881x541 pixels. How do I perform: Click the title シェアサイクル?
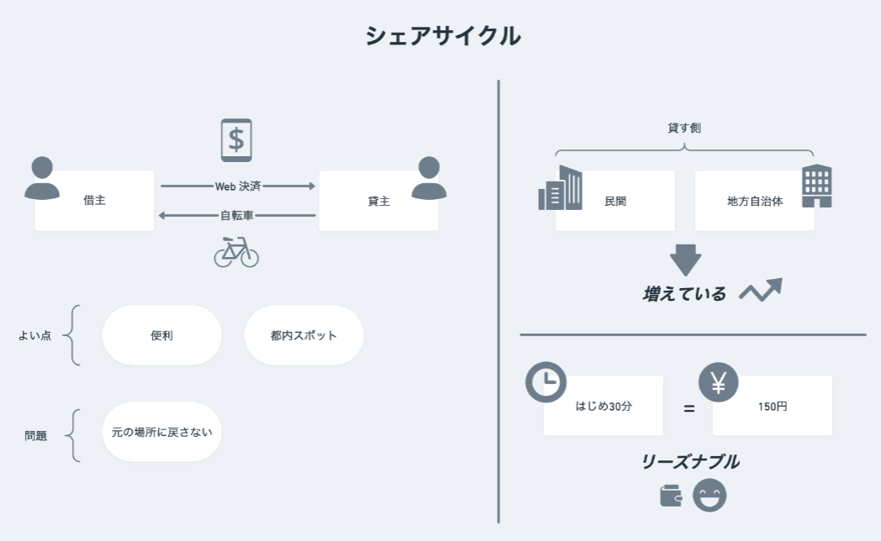point(442,36)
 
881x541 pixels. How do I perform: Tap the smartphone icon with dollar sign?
point(236,139)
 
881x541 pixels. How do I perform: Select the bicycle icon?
point(236,251)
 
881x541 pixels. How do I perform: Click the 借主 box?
point(94,201)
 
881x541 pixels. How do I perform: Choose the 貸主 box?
point(378,201)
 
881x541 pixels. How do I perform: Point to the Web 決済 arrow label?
point(238,186)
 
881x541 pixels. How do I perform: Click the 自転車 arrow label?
point(237,215)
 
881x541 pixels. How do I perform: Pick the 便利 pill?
point(161,335)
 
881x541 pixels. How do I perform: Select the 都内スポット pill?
point(303,335)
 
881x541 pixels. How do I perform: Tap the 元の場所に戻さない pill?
point(161,432)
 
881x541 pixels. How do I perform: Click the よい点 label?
point(34,335)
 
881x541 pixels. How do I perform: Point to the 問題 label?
point(35,436)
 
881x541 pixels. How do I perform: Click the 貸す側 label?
point(683,128)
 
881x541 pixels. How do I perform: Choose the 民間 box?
point(615,201)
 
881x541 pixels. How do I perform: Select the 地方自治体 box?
point(754,201)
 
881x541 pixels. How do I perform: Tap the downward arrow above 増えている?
point(685,259)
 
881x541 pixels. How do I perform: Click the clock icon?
point(546,381)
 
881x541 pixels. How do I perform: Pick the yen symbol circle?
point(718,381)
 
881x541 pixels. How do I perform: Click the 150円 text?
point(772,406)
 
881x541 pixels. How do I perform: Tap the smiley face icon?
point(710,495)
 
